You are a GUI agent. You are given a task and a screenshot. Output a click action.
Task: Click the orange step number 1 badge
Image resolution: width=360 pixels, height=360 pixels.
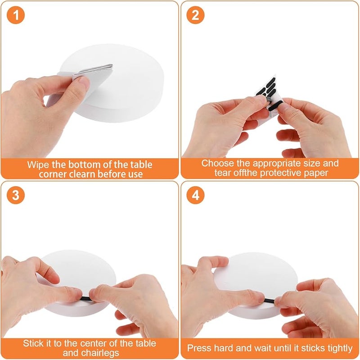tap(16, 15)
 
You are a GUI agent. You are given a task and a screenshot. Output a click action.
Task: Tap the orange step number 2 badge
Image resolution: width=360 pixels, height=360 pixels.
tap(195, 15)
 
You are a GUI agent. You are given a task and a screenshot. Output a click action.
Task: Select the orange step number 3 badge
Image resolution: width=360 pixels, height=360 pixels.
tap(16, 195)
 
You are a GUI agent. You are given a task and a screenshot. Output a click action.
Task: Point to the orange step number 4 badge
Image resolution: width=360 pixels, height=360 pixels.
tap(195, 195)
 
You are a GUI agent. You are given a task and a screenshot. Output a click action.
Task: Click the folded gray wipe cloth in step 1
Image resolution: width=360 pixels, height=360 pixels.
tap(92, 72)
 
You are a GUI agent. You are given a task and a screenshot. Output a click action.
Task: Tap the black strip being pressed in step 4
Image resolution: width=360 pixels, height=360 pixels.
tap(269, 301)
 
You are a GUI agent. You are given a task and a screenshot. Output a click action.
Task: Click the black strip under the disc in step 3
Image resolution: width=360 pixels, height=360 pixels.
tap(85, 299)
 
